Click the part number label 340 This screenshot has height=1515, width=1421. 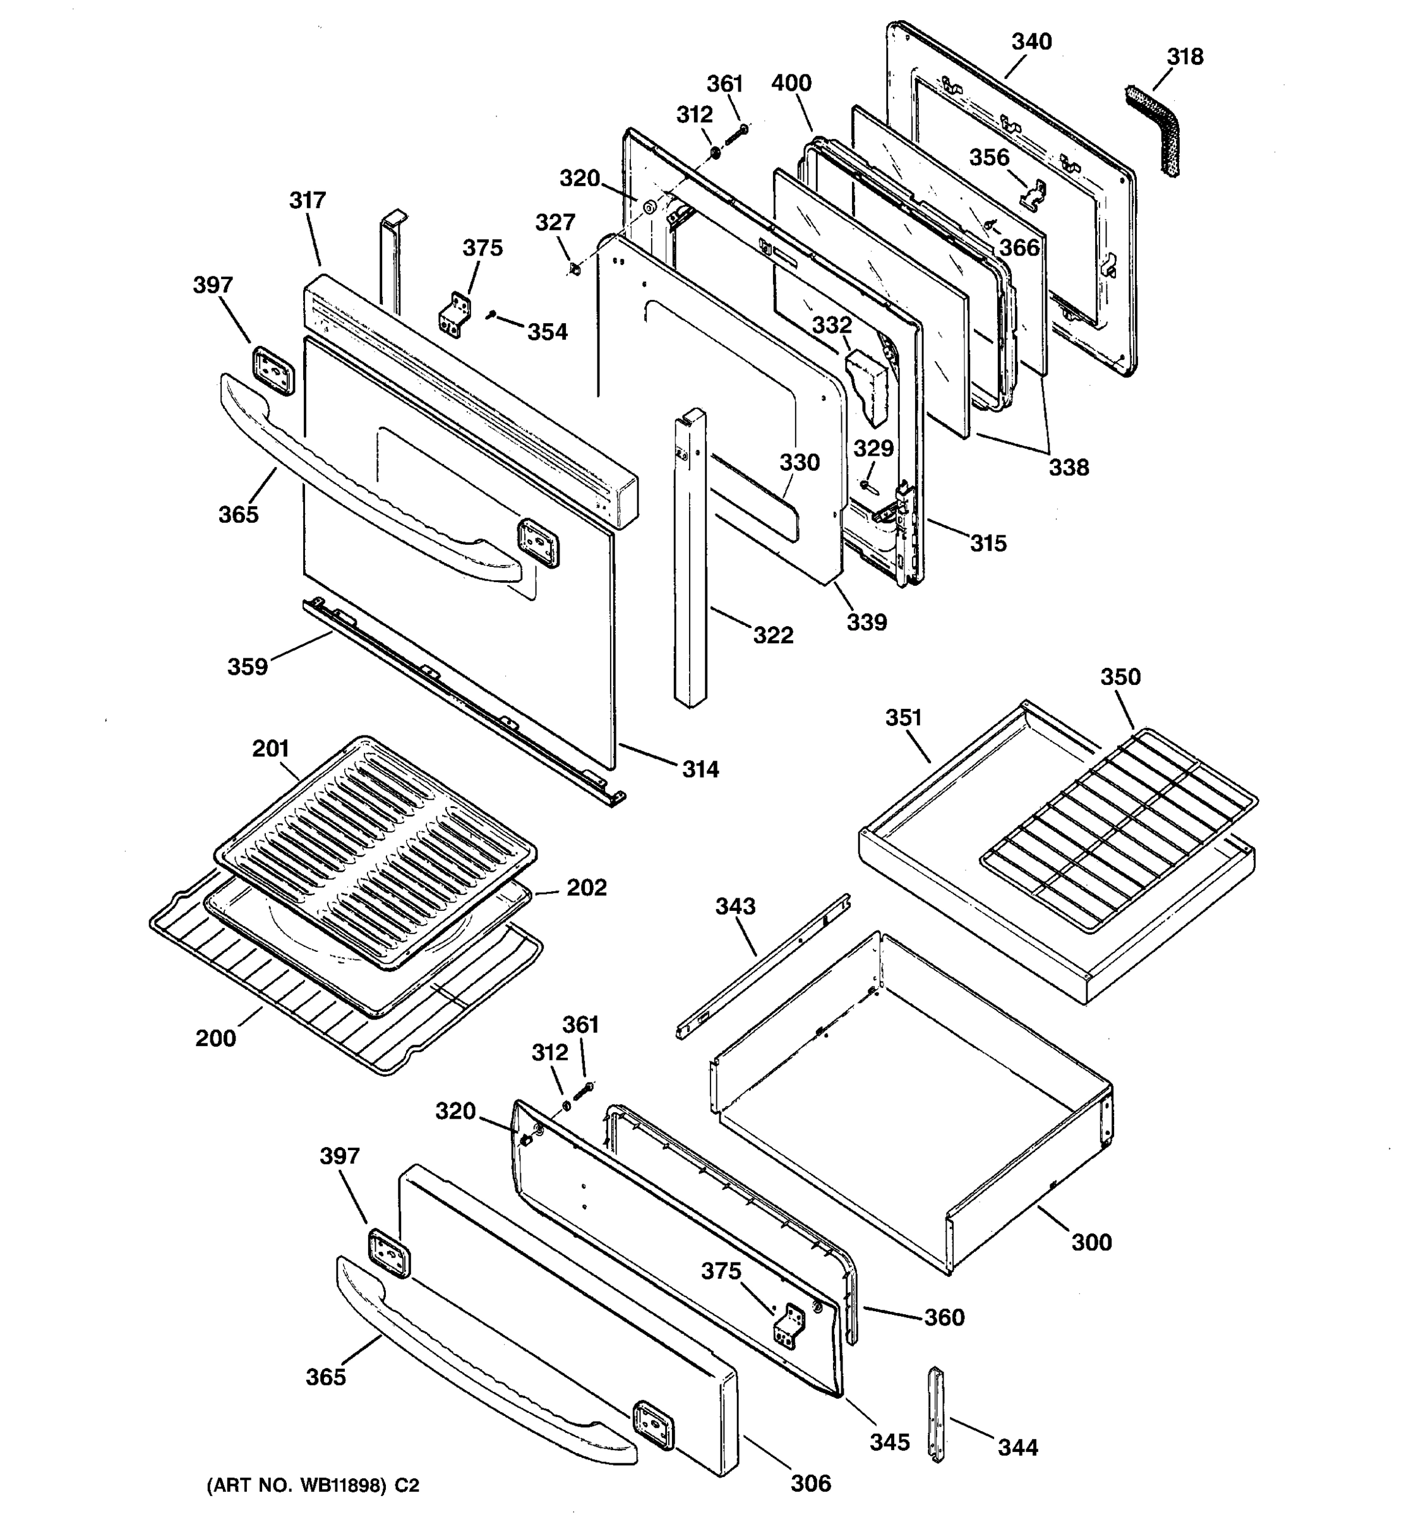tap(1031, 42)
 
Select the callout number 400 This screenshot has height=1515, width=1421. tap(791, 83)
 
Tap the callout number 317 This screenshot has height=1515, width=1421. tap(307, 201)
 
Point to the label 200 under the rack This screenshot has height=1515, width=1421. tap(216, 1038)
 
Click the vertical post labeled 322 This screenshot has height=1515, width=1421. tap(689, 560)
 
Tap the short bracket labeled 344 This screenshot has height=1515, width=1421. tap(935, 1415)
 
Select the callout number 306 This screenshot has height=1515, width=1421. tap(810, 1483)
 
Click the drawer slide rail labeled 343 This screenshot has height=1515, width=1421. tap(762, 966)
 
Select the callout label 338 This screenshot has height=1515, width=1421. tap(1068, 467)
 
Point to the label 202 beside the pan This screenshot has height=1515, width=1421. tap(586, 888)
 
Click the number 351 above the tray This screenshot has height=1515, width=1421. tap(903, 718)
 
